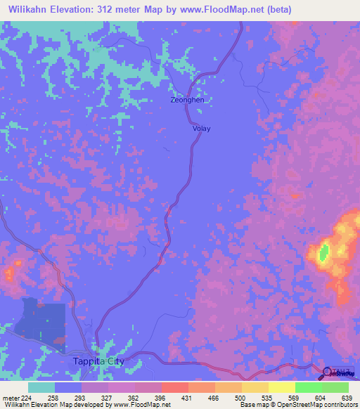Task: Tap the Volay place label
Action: coord(201,129)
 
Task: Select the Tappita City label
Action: coord(98,361)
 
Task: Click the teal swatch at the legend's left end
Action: coord(41,387)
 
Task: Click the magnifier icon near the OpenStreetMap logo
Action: coord(328,373)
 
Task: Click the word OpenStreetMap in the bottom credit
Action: coord(289,405)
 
